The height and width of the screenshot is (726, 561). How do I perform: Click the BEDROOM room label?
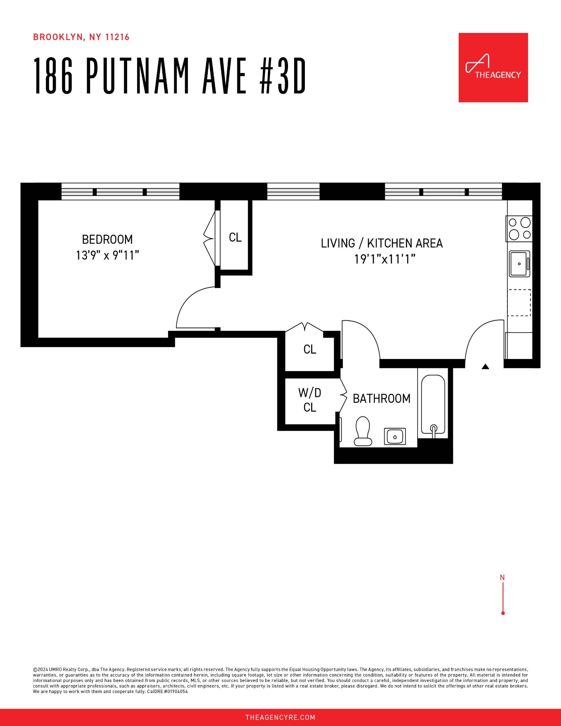[x=107, y=239]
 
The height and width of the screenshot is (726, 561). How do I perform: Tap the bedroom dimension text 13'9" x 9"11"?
[x=107, y=255]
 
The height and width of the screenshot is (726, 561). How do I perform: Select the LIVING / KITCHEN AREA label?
[x=382, y=243]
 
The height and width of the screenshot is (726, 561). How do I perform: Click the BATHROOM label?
[x=382, y=399]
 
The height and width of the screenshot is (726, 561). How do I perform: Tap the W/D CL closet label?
[x=310, y=400]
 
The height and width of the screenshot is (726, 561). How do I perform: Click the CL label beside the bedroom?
[x=235, y=238]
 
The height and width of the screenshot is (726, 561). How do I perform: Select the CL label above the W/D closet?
[x=310, y=350]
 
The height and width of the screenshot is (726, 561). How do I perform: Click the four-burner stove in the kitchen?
[x=519, y=229]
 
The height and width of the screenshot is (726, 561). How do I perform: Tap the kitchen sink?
[x=519, y=264]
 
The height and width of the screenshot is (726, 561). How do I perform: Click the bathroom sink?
[x=395, y=437]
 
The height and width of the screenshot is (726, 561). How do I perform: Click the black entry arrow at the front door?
[x=485, y=367]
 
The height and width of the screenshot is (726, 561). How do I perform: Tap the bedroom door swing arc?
[x=192, y=304]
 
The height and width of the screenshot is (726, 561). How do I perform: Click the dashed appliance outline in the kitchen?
[x=519, y=302]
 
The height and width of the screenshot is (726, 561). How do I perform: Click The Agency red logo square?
[x=493, y=68]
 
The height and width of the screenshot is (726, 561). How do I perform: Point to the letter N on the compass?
[x=502, y=577]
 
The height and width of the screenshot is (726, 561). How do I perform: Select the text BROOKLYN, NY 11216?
[x=81, y=37]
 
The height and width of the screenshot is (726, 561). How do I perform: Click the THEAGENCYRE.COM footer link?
[x=280, y=718]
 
